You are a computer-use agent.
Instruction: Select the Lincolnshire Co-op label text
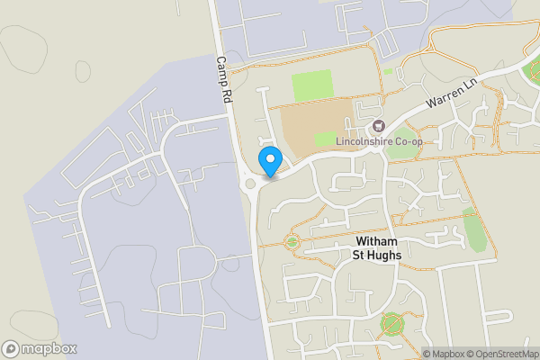coord(379,141)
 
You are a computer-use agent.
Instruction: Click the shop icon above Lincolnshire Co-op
coord(378,126)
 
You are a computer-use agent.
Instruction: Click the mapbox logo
coord(40,348)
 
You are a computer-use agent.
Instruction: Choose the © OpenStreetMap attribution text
coord(505,354)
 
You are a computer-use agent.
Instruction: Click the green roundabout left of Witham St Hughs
coord(292,241)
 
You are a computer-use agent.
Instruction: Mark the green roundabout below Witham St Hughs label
coord(391,322)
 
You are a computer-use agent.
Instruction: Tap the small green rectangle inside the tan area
coord(325,139)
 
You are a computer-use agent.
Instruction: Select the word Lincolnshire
coord(364,141)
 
